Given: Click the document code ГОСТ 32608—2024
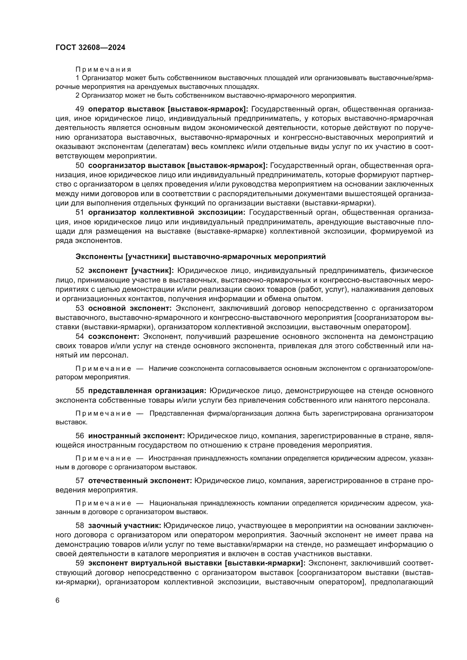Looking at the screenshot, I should tap(90, 48).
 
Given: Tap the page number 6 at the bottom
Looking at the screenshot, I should tap(58, 600).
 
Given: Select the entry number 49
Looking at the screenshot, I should tap(80, 109).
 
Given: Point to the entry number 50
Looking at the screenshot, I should tap(80, 166).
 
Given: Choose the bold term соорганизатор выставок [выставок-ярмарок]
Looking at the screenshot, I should tap(178, 166).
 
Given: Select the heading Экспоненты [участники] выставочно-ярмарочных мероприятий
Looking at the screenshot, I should tap(201, 256).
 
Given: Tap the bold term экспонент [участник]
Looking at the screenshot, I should tap(131, 271).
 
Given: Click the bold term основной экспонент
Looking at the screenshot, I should tap(130, 308).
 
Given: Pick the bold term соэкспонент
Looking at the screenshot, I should tap(114, 336).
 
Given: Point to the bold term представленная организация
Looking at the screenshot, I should tap(147, 391).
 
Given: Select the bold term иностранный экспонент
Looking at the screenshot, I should tap(137, 436).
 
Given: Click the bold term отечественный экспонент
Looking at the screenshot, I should tap(140, 481).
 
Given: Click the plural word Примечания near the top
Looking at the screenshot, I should tap(103, 69).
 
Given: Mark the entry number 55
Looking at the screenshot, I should tap(80, 391).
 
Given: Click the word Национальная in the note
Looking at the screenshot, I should tap(173, 503).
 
